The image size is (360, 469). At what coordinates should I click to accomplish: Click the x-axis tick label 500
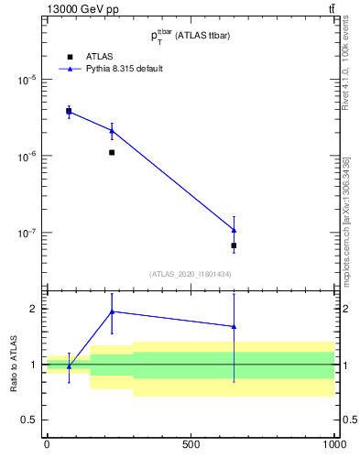[x=191, y=444]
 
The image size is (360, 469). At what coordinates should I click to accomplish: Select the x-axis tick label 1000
[x=333, y=444]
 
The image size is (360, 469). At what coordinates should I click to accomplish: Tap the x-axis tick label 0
[x=47, y=444]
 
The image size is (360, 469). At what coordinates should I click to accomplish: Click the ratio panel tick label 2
[x=34, y=309]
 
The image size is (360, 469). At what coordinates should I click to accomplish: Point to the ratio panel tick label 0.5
[x=29, y=420]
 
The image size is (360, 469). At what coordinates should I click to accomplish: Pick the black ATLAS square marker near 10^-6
[x=112, y=152]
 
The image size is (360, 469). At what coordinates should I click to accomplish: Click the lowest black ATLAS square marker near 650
[x=234, y=245]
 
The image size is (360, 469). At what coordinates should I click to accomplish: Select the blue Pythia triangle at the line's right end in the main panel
[x=234, y=230]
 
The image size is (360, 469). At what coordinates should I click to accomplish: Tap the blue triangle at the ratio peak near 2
[x=112, y=311]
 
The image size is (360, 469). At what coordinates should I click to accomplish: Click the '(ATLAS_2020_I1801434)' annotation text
[x=190, y=274]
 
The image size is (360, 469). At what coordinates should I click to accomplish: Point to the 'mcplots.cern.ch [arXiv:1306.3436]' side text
[x=345, y=220]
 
